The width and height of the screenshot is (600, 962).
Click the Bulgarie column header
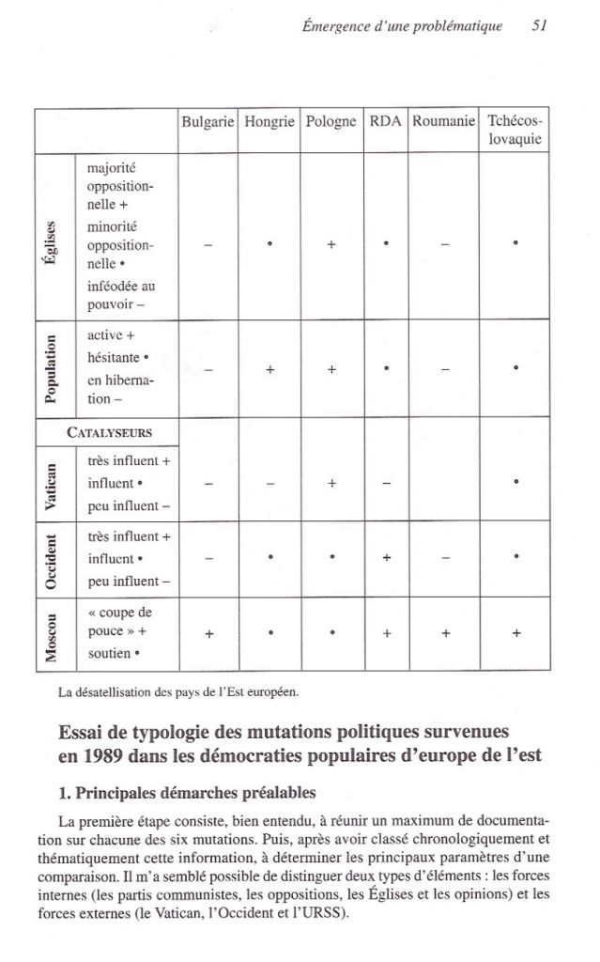[x=208, y=121]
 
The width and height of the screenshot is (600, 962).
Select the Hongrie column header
[x=269, y=121]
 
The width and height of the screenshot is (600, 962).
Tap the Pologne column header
[x=331, y=121]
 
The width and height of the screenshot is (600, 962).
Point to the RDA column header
[x=386, y=121]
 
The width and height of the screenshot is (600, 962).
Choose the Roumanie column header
[x=443, y=121]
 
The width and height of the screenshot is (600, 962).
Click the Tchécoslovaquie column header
[x=515, y=131]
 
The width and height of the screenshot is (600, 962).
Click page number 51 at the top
[x=539, y=26]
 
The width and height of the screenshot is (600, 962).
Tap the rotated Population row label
[x=54, y=369]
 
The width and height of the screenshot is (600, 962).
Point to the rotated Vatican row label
[x=54, y=482]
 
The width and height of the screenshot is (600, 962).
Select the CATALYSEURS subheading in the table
[x=110, y=432]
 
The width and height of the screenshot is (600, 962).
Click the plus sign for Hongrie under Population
[x=269, y=369]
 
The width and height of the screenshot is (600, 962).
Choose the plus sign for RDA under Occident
[x=387, y=557]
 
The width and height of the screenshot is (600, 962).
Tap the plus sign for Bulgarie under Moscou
[x=208, y=632]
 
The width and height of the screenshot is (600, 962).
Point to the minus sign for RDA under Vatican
[x=387, y=483]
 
